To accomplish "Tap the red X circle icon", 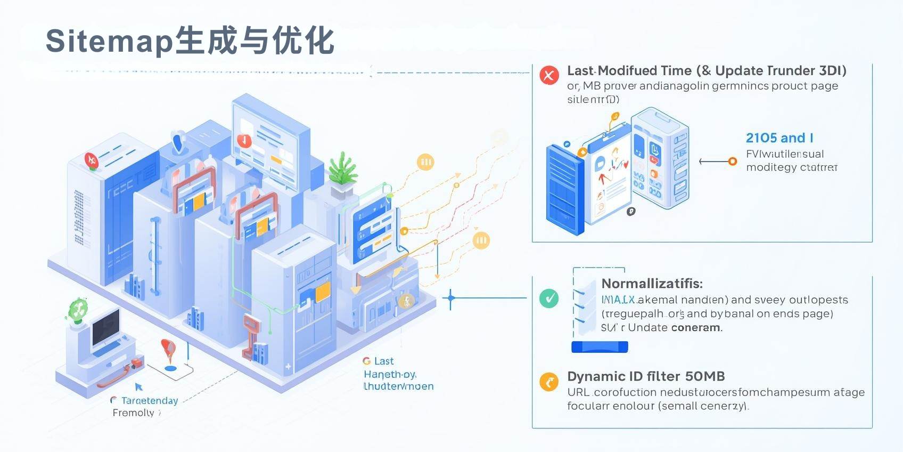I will point(549,75).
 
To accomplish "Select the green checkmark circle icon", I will point(549,298).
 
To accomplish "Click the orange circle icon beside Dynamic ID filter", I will point(549,382).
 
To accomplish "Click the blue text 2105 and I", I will point(779,138).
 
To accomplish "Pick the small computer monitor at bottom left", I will point(105,328).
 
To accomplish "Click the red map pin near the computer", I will point(168,349).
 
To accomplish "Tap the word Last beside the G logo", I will point(384,361).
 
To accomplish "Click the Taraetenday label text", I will point(149,400).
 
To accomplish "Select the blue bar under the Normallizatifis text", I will point(600,347).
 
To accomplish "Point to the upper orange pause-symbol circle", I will point(425,162).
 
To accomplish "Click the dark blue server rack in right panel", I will point(564,189).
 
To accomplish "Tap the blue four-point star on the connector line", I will point(450,298).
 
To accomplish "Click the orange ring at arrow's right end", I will point(733,162).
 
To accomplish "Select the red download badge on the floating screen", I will point(244,141).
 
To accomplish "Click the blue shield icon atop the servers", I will point(178,142).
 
